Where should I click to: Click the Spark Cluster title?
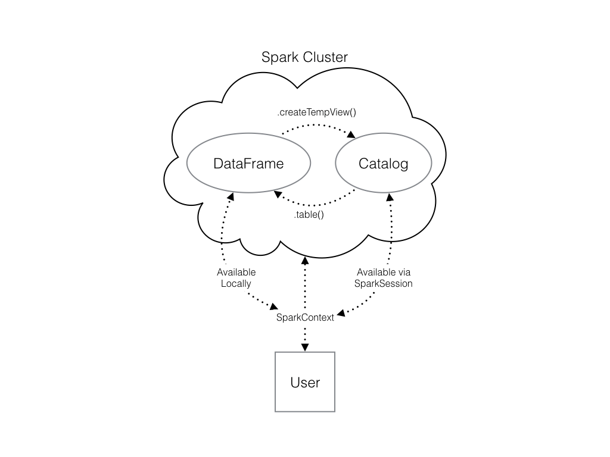(x=304, y=58)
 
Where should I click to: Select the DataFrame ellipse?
(x=248, y=163)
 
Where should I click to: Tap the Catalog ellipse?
(x=383, y=163)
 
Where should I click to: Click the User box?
(x=305, y=382)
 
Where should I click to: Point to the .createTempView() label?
(x=312, y=112)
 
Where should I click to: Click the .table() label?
(x=309, y=215)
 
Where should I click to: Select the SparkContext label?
(x=305, y=317)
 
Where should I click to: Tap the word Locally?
(x=236, y=284)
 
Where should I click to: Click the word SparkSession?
(x=383, y=284)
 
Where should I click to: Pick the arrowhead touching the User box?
(x=305, y=348)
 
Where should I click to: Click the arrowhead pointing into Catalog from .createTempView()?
(x=352, y=136)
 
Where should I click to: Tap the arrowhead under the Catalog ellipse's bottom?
(x=390, y=197)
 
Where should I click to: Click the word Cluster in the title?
(x=325, y=58)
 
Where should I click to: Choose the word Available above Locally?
(x=236, y=273)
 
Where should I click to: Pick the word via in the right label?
(x=404, y=273)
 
